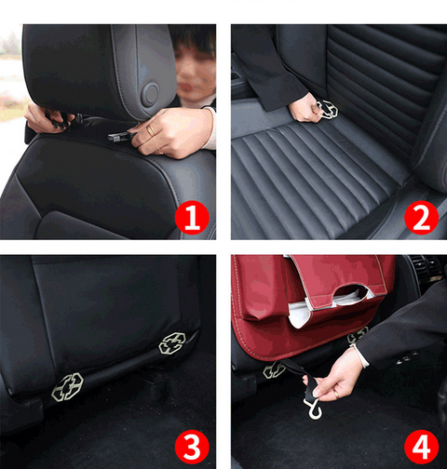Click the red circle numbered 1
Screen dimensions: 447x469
pos(192,218)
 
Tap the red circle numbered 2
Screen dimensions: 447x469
pos(421,218)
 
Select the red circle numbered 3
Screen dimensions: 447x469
pos(192,447)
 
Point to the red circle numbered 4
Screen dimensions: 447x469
pos(421,447)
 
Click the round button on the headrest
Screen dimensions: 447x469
pos(151,93)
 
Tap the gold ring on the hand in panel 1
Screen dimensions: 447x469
pos(151,130)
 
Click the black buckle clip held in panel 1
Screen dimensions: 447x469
pos(118,137)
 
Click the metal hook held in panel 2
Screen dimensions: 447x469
pos(328,109)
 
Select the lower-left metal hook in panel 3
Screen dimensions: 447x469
pos(67,386)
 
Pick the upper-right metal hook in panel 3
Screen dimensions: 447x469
pos(172,342)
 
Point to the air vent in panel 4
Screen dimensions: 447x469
pos(427,268)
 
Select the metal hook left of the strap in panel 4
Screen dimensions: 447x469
pos(274,370)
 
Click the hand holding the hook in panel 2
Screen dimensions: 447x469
pos(305,108)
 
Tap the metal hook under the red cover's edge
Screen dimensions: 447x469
pos(358,335)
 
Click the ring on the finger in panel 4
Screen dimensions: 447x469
pos(336,395)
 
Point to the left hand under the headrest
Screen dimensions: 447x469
pos(47,117)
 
